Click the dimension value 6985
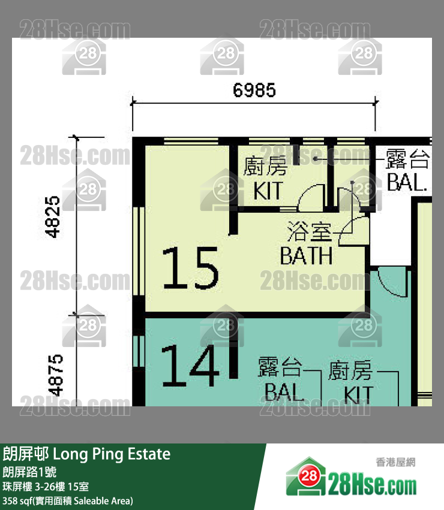254,90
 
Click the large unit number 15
190,269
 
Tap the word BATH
306,256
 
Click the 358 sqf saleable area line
68,500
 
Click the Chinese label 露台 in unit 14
280,367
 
